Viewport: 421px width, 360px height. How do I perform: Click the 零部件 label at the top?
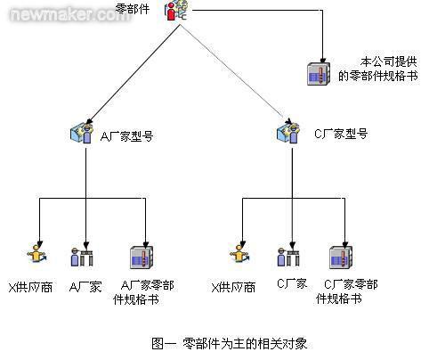coord(133,9)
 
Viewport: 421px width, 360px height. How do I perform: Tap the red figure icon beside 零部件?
coord(176,11)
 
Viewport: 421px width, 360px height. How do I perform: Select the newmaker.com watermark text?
coord(69,14)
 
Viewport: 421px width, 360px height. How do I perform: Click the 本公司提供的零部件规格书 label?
coord(378,69)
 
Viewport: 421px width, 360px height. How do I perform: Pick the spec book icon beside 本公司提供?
coord(319,74)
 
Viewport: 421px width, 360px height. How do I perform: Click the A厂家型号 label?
coord(126,136)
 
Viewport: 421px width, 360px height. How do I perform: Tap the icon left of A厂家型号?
coord(82,134)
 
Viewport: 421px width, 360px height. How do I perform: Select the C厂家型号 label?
coord(341,134)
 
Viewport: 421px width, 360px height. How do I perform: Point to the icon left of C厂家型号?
coord(287,134)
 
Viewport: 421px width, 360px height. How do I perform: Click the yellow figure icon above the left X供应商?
coord(36,254)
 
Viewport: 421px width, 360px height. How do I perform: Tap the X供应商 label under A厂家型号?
coord(30,287)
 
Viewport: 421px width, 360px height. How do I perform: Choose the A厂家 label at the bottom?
coord(85,287)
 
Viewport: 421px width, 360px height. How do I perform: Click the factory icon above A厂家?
coord(82,257)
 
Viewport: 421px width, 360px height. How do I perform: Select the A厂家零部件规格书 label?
coord(143,292)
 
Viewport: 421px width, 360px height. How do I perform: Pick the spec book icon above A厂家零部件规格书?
coord(142,258)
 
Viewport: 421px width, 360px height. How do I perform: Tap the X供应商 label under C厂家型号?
coord(233,287)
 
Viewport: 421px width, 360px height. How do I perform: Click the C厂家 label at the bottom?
coord(292,283)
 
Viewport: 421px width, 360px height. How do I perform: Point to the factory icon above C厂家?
coord(288,257)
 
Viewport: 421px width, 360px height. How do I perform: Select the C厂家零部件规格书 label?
coord(346,291)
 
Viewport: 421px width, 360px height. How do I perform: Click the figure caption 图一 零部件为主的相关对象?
coord(229,343)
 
